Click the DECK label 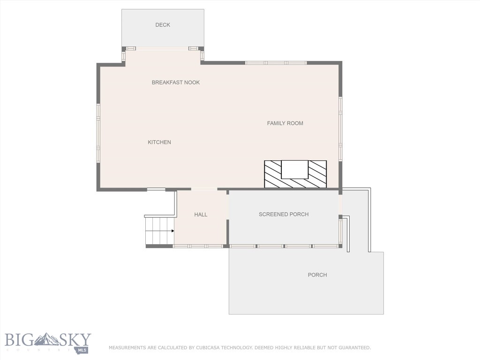pos(163,25)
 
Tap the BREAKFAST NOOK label pos(176,82)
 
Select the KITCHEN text pos(159,142)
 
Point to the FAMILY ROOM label pos(285,123)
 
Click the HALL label pos(201,215)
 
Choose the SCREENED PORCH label pos(284,214)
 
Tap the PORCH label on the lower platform pos(317,275)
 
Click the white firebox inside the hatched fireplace pos(294,169)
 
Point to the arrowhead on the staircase pos(172,231)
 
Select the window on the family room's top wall pos(276,63)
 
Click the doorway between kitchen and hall pos(204,189)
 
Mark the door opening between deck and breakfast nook pos(162,49)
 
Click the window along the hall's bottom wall pos(198,246)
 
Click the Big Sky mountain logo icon pos(49,338)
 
